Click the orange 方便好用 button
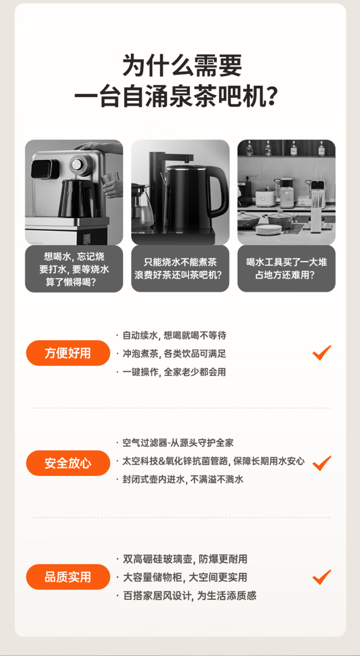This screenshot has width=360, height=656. pos(68,353)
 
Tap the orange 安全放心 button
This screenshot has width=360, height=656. pos(68,463)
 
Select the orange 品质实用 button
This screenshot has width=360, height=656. pos(68,577)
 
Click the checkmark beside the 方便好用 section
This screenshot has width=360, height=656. pos(322,353)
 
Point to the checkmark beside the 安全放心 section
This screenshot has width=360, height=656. pos(322,463)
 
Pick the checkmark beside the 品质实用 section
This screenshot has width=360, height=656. pos(322,577)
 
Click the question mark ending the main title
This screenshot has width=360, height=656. pos(272,96)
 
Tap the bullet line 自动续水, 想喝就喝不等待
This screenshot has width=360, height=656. pos(171,335)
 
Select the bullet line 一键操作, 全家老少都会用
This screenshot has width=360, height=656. pos(171,372)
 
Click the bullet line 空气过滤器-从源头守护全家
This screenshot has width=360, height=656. pos(175,442)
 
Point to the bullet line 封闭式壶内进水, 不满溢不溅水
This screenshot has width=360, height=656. pos(180,479)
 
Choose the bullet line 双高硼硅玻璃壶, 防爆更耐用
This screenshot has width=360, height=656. pos(182,559)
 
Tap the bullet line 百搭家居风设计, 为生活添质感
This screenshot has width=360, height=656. pos(186,595)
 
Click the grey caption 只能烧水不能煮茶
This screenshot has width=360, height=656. pos(180,262)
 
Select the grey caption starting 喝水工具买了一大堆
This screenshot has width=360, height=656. pos(287,268)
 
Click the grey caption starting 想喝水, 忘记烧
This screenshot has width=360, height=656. pos(74,269)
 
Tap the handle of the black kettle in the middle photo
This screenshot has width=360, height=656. pos(220,192)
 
